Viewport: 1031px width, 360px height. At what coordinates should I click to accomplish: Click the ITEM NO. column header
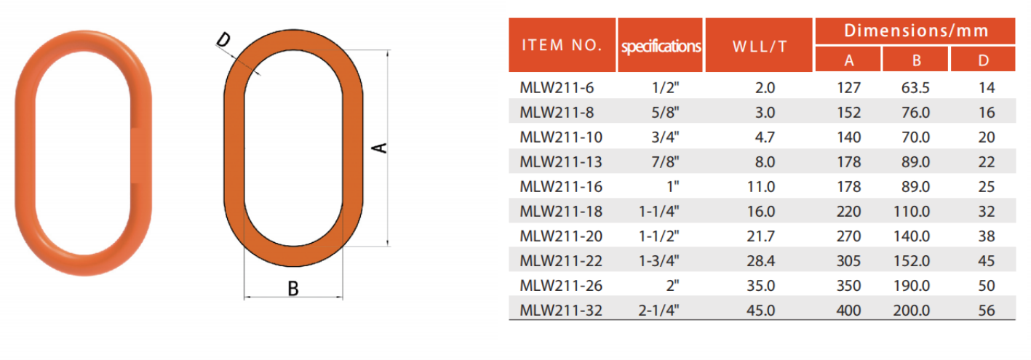(x=562, y=45)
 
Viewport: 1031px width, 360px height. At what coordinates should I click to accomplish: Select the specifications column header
(x=661, y=46)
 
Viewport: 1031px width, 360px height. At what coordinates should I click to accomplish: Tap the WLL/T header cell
(x=760, y=46)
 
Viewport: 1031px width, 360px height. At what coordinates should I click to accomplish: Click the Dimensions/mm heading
(x=916, y=31)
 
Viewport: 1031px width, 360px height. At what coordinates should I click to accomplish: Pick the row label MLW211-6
(x=557, y=87)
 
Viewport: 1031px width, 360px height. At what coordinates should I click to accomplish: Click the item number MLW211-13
(x=561, y=161)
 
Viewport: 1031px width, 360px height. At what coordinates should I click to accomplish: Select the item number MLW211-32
(x=561, y=311)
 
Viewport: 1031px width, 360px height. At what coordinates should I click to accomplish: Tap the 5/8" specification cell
(x=665, y=112)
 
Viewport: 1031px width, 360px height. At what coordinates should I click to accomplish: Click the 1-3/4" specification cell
(x=658, y=260)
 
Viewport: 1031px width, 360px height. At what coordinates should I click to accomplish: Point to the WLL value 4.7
(x=765, y=137)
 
